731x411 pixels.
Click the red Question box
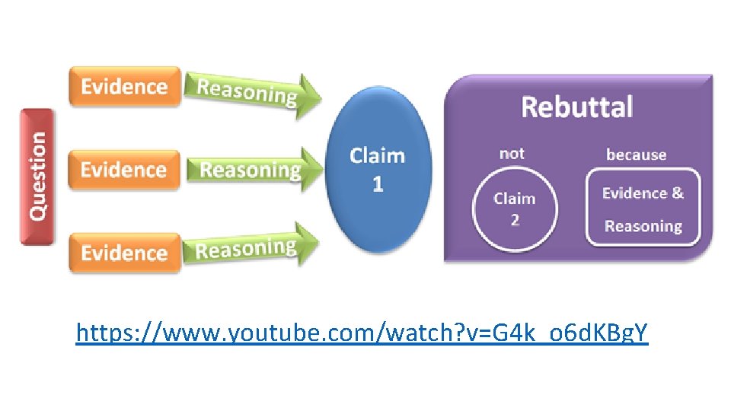[x=37, y=177]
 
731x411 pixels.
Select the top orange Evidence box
[x=124, y=87]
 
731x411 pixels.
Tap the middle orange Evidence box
[x=124, y=169]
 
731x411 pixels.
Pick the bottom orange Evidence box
[x=124, y=253]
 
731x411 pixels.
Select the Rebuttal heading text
[x=576, y=107]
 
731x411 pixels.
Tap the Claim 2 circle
[x=514, y=209]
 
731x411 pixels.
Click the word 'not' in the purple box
[x=512, y=154]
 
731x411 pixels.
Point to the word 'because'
[x=636, y=155]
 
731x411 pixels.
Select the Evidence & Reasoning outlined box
[x=643, y=209]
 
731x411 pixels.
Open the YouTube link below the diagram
[x=362, y=333]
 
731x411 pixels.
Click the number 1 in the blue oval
[x=378, y=184]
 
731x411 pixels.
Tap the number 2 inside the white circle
[x=515, y=221]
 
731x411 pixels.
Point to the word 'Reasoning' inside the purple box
[x=643, y=226]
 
